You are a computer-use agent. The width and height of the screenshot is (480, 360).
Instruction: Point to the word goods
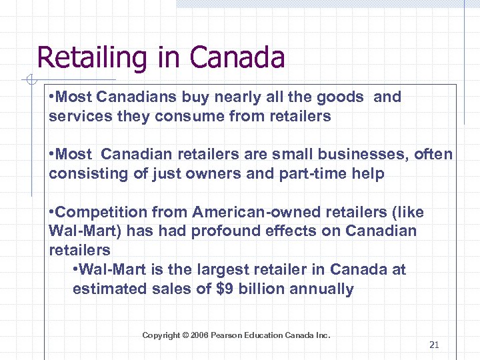pos(340,97)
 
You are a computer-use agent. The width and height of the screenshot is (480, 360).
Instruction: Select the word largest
pos(218,270)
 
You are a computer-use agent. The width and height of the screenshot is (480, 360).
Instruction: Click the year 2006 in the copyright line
pos(199,335)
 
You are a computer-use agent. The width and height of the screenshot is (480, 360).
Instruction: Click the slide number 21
pos(434,345)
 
